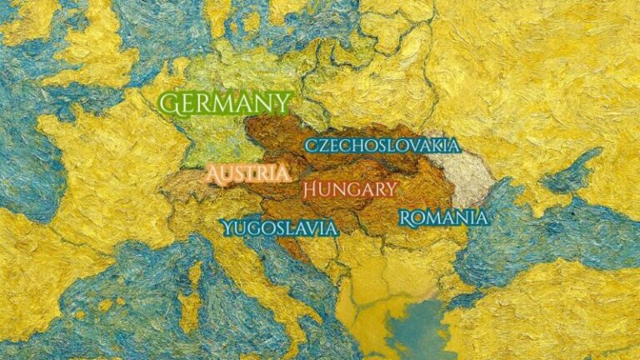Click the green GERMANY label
click(x=226, y=104)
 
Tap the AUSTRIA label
click(x=249, y=174)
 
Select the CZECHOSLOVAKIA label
click(x=382, y=145)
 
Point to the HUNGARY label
click(x=349, y=189)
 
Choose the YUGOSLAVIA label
click(x=279, y=227)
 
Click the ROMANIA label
click(x=442, y=218)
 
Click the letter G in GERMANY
click(x=170, y=104)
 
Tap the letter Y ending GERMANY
click(x=283, y=104)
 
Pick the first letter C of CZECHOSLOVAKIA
click(x=311, y=146)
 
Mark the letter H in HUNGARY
click(x=310, y=189)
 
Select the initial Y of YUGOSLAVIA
click(x=227, y=227)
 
